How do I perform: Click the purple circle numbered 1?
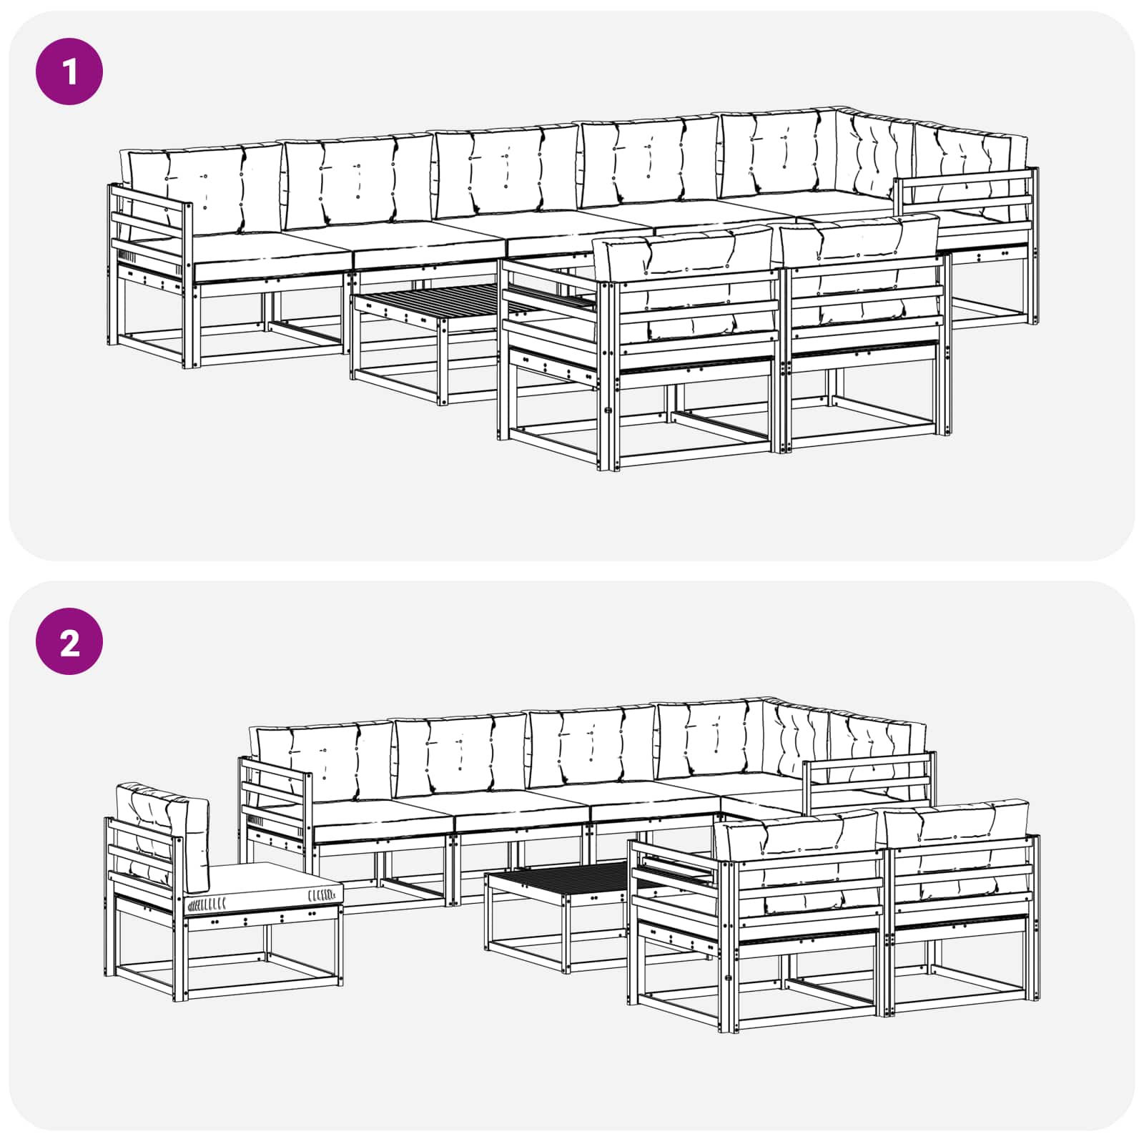[x=69, y=71]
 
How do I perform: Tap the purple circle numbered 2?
[x=69, y=641]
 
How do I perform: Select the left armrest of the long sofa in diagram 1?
[x=150, y=236]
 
